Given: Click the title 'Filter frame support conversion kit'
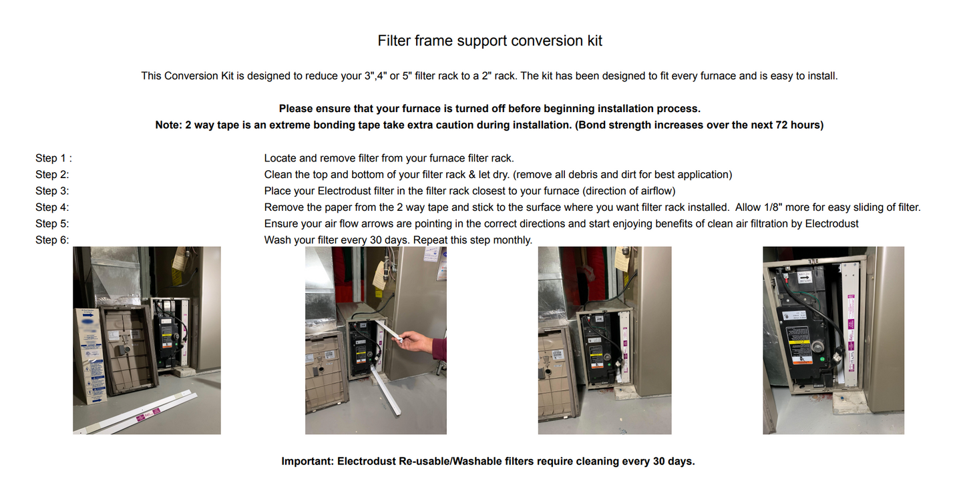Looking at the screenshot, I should click(490, 41).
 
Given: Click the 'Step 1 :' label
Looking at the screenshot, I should click(53, 158).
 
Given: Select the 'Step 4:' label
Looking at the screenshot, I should click(52, 207).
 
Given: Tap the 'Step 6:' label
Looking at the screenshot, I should click(52, 240).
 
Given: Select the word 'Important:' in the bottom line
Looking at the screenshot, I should click(307, 461).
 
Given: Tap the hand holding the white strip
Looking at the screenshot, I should click(417, 342).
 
